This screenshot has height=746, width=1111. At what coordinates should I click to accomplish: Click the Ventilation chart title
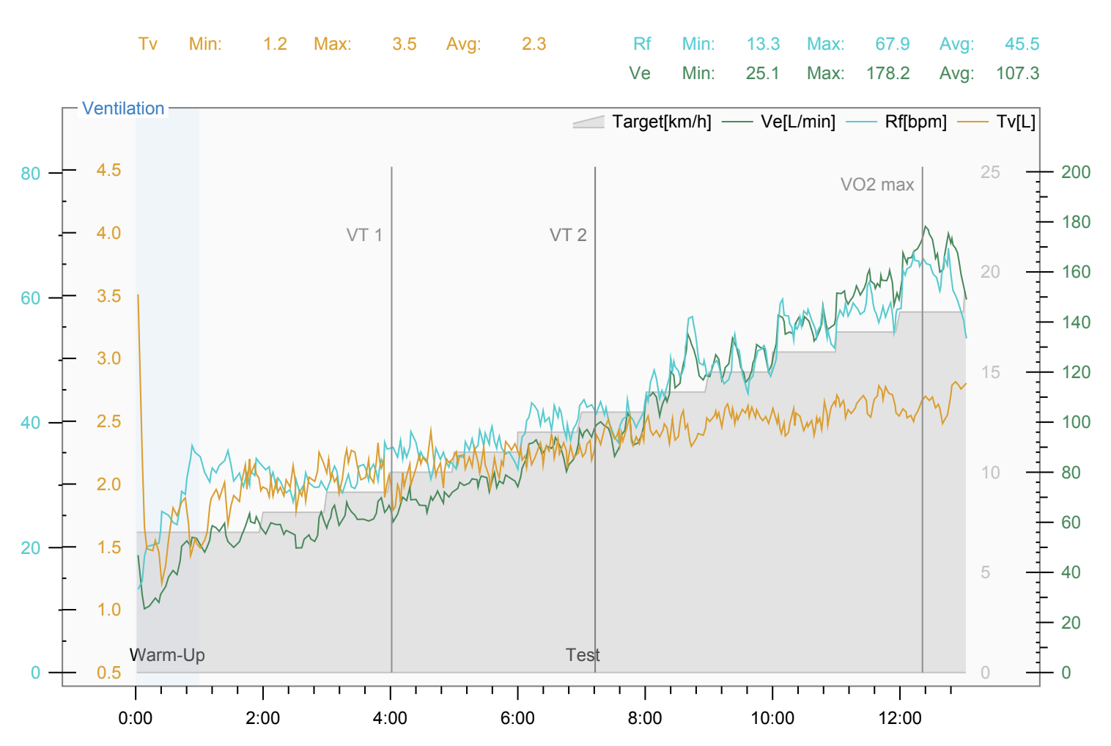(x=123, y=108)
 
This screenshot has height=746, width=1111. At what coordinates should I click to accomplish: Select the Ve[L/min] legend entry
(x=779, y=122)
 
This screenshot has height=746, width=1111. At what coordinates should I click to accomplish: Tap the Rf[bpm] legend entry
(x=896, y=122)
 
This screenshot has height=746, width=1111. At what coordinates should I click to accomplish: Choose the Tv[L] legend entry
(x=997, y=122)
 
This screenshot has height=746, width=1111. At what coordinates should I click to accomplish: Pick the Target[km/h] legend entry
(x=642, y=122)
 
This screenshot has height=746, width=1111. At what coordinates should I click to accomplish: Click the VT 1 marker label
(x=364, y=234)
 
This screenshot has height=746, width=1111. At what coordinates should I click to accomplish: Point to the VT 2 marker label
(x=568, y=234)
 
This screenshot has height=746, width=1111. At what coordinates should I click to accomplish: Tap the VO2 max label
(x=877, y=185)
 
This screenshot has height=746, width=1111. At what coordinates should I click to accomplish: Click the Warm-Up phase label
(x=167, y=655)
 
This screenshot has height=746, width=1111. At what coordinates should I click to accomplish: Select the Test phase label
(x=583, y=655)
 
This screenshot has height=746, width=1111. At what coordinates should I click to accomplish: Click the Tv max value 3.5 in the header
(x=405, y=44)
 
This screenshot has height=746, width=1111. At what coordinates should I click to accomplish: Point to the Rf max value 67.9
(x=893, y=44)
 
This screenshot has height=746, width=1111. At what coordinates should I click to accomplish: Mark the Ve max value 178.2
(x=887, y=73)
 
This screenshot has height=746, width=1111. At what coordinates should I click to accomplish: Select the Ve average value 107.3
(x=1017, y=73)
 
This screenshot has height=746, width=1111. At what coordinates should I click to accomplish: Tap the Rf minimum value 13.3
(x=764, y=44)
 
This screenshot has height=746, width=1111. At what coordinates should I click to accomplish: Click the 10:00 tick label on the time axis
(x=772, y=718)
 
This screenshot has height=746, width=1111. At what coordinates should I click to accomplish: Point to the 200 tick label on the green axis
(x=1076, y=172)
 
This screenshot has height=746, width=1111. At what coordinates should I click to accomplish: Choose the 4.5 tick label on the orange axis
(x=108, y=170)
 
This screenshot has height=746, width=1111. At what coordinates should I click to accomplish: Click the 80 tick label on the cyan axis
(x=30, y=174)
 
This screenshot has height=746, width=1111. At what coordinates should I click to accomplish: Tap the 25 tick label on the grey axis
(x=990, y=172)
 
